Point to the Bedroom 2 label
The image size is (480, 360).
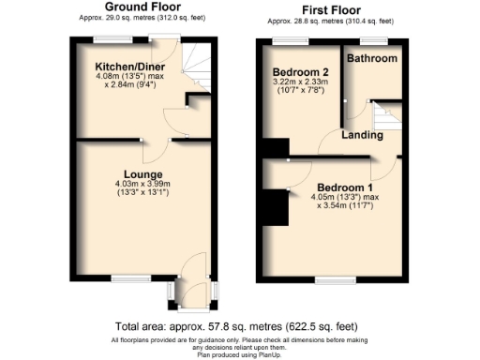coord(299,72)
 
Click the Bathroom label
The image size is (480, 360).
coord(371,58)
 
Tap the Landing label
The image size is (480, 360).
coord(361,135)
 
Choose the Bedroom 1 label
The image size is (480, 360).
coord(345,186)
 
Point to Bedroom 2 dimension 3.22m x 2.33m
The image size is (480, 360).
coord(300,83)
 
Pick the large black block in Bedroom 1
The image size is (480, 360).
coord(274,207)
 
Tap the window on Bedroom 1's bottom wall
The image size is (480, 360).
coord(329,279)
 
